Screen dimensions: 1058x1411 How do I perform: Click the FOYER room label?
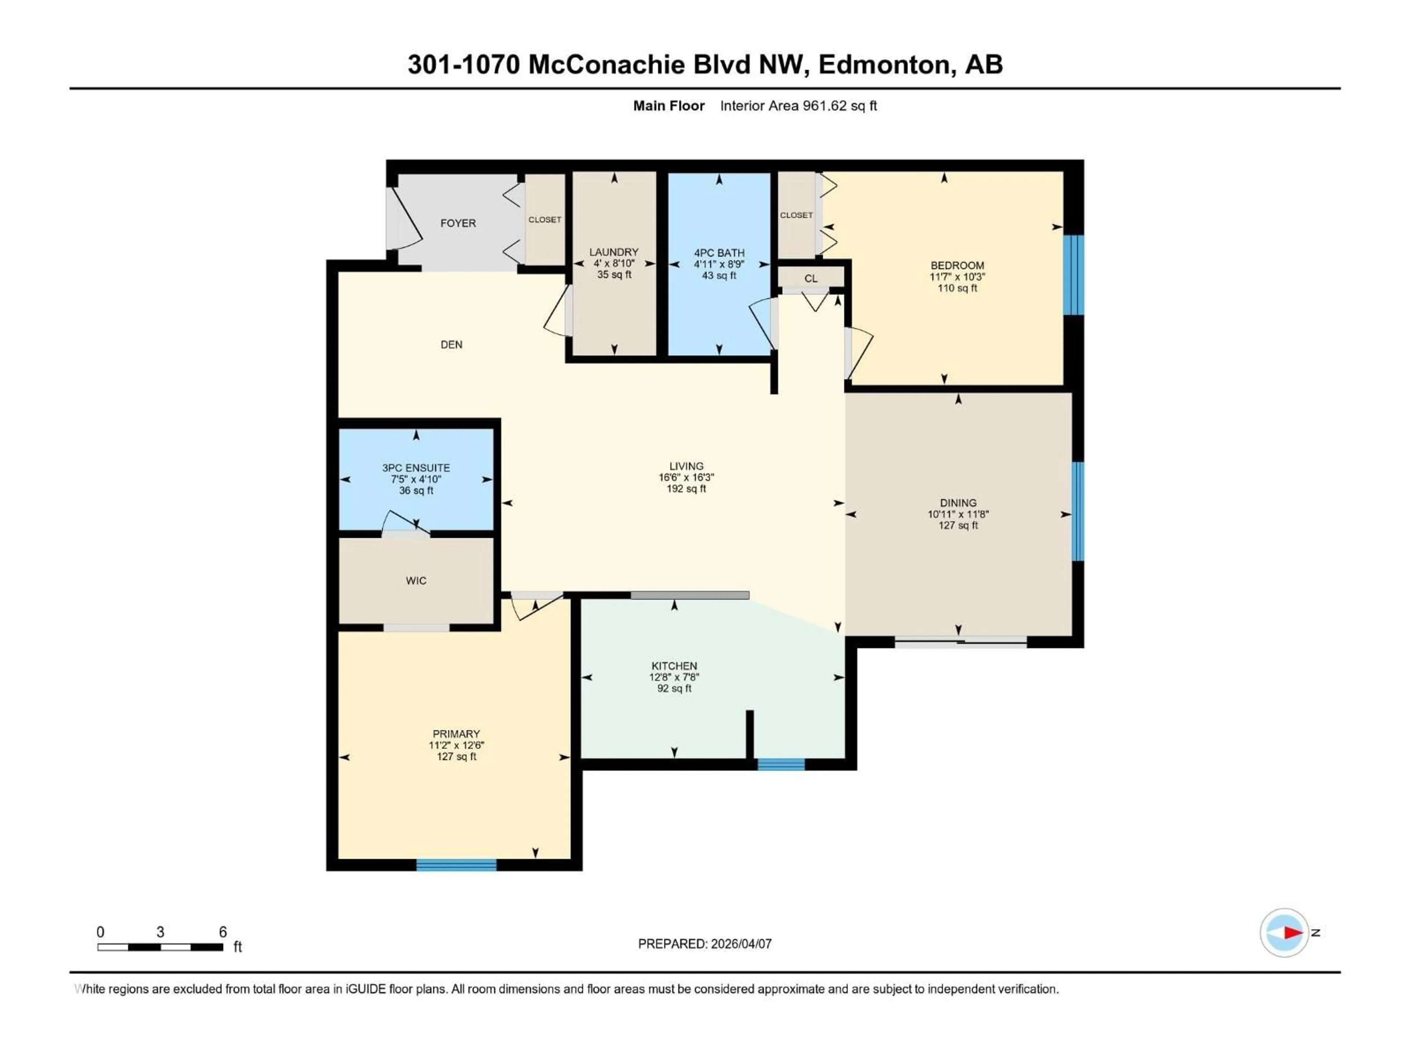458,223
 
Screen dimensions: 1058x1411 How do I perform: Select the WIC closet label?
416,580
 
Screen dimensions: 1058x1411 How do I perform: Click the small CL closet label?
811,279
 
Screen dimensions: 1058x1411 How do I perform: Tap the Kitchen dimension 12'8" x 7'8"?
674,677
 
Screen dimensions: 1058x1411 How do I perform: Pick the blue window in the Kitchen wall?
781,764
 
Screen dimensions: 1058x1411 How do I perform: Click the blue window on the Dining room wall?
1077,511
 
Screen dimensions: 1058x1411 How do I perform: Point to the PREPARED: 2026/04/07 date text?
705,944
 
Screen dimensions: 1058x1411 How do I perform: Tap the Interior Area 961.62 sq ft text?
798,106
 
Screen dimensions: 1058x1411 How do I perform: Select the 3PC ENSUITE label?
416,467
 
